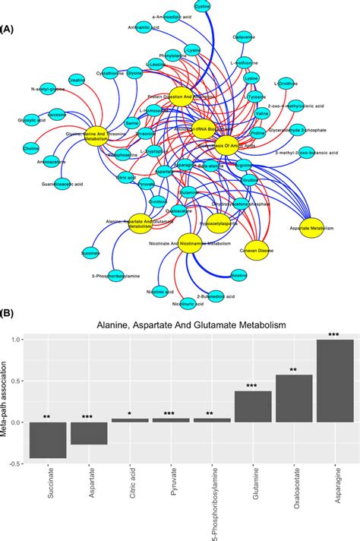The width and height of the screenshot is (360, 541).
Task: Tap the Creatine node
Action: point(76,101)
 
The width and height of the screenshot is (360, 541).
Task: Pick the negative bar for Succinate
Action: point(48,440)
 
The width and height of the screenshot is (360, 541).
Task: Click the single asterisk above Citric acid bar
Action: point(130,414)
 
